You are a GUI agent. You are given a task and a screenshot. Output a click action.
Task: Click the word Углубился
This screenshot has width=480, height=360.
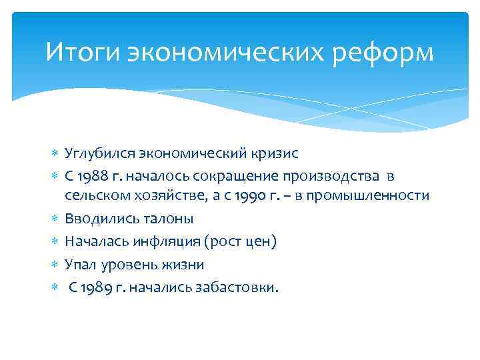click(99, 153)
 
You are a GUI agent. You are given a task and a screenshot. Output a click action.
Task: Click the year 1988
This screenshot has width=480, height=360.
click(93, 175)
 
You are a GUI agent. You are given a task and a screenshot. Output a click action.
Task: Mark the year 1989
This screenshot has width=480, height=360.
click(96, 287)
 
